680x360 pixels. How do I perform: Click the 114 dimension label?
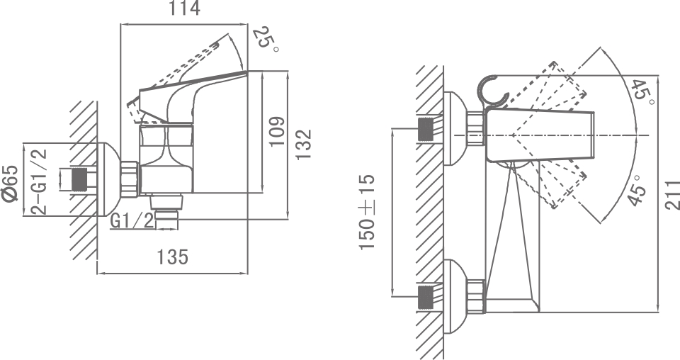coord(185,9)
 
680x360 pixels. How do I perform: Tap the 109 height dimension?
coord(278,132)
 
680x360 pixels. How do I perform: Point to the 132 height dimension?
coord(304,145)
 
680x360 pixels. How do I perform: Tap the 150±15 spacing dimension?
coord(368,212)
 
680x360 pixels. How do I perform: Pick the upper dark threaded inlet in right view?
coord(427,130)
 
